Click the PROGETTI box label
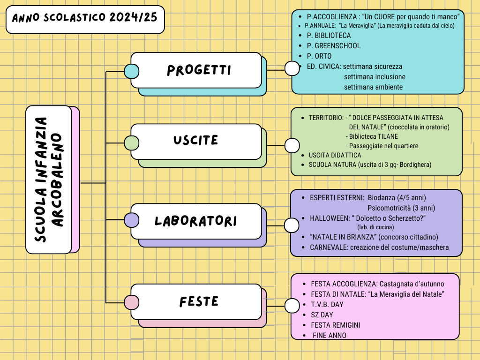199,70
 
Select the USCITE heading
196,140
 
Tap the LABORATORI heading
196,221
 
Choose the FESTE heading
199,301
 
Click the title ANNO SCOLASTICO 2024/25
85,19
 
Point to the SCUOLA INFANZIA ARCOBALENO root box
49,180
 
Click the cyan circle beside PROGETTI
131,71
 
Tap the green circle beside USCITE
131,142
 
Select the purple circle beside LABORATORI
131,220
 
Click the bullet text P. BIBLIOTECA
329,35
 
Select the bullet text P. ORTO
319,56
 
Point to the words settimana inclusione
375,76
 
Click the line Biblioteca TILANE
373,136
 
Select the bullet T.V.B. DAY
327,304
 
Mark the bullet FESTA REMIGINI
335,325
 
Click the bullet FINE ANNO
330,335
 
